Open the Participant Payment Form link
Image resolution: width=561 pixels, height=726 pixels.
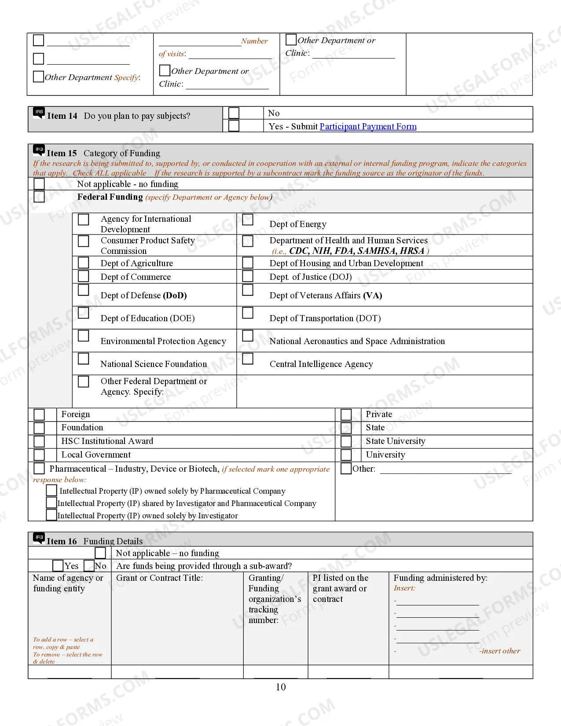[x=368, y=127]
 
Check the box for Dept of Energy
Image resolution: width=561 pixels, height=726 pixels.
[x=248, y=220]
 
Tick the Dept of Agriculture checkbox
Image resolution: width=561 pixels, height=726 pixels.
[x=84, y=263]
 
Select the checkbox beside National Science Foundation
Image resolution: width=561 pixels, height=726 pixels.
[x=84, y=359]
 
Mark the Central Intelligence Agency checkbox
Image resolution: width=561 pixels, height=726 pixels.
[x=248, y=359]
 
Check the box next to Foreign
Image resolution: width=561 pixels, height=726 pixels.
[x=39, y=414]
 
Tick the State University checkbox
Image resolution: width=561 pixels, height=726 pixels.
[x=346, y=441]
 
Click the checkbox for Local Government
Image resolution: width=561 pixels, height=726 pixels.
[x=39, y=455]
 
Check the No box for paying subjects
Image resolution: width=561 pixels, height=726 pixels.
[x=234, y=113]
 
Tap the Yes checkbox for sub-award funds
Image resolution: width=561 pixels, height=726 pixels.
[x=58, y=565]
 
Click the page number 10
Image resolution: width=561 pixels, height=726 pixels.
[x=281, y=687]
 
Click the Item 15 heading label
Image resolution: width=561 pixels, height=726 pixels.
[x=62, y=153]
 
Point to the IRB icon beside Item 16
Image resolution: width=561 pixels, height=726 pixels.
[x=39, y=538]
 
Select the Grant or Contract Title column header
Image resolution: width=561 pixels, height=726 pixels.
[x=159, y=578]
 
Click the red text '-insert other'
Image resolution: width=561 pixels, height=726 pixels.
[x=499, y=651]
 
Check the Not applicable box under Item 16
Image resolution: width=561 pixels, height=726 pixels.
[x=100, y=553]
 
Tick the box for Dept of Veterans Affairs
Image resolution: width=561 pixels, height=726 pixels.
[x=248, y=290]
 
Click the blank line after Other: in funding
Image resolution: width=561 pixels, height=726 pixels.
[x=445, y=470]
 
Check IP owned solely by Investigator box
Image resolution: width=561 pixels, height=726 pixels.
[x=51, y=515]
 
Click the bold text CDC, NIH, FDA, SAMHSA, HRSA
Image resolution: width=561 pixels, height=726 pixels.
[x=356, y=251]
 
